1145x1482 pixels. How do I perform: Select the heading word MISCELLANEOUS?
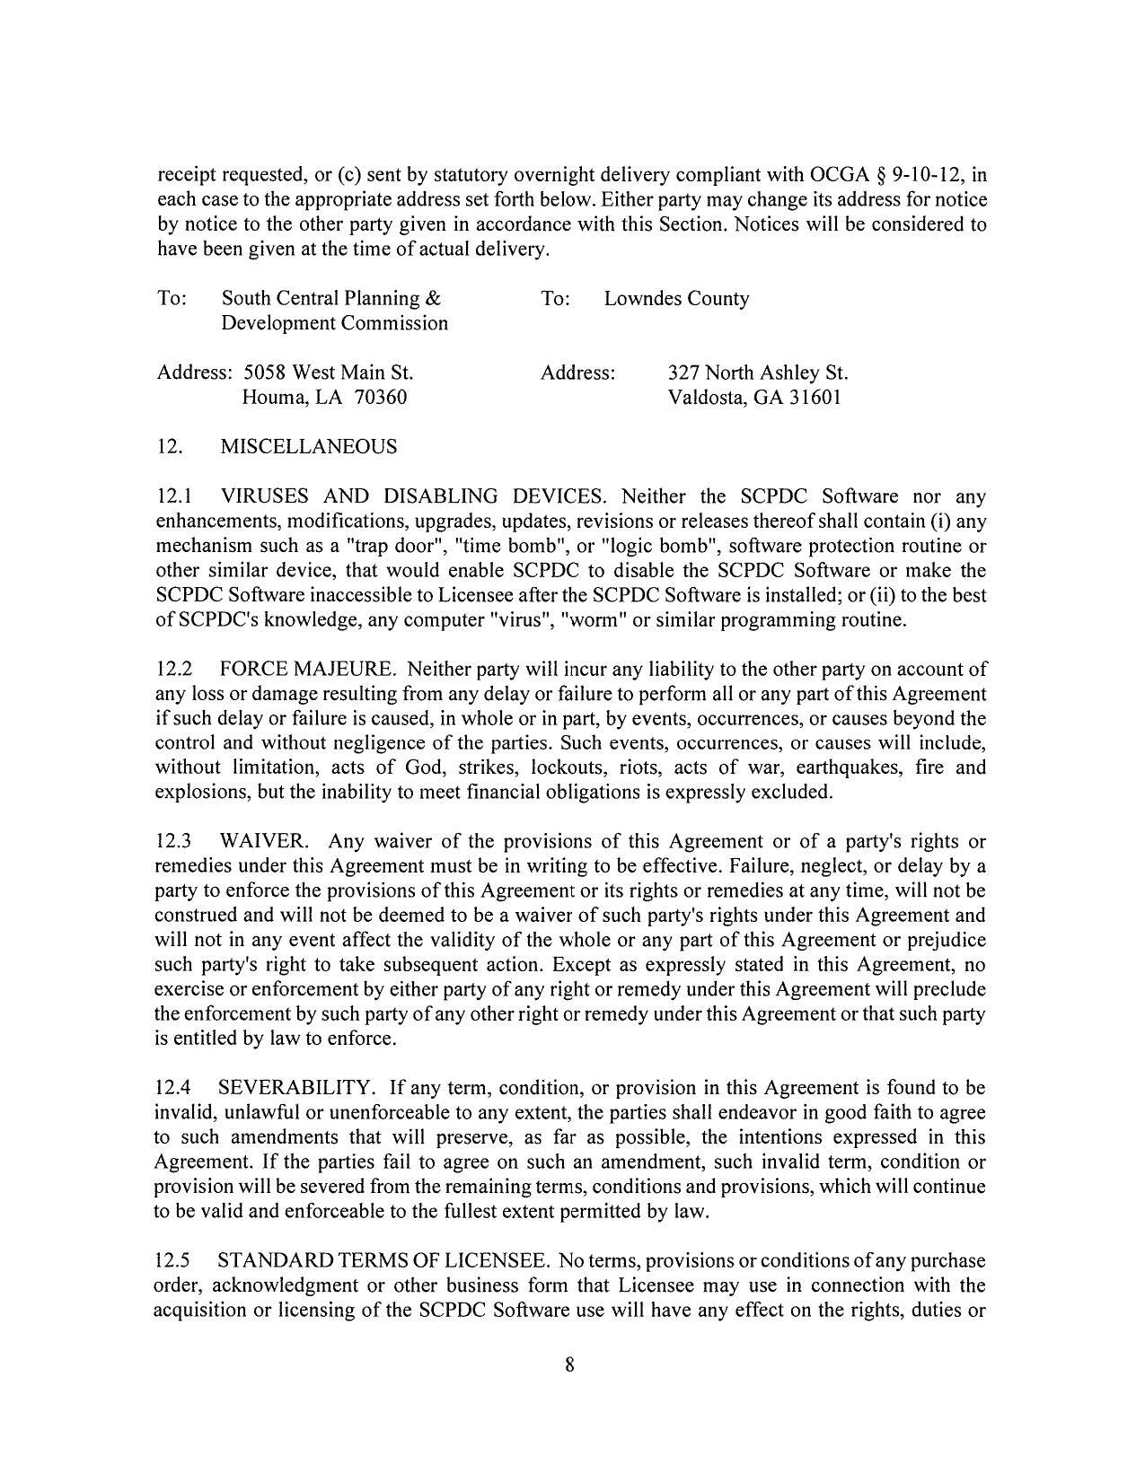point(308,447)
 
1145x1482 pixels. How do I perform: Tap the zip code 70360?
point(380,397)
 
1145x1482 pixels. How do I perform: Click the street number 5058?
point(264,373)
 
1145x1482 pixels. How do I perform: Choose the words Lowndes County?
point(676,299)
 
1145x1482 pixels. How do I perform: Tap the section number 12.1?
point(174,496)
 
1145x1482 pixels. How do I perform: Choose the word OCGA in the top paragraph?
point(842,175)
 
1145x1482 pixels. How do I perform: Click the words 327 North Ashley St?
point(758,373)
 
